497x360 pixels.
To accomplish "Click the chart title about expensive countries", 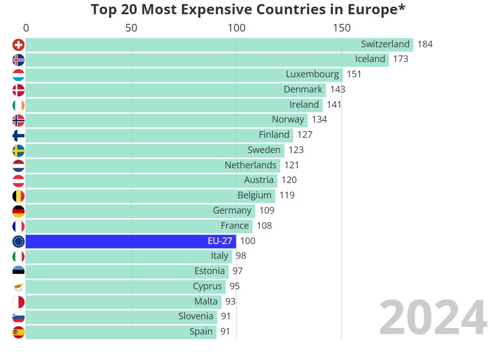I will (248, 10).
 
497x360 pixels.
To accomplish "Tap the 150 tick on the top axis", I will (341, 27).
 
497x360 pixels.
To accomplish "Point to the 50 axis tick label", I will (131, 27).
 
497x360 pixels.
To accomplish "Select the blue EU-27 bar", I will (131, 241).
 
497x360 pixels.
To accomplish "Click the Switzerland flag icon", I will (18, 45).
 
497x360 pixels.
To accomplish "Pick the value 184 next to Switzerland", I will (425, 44).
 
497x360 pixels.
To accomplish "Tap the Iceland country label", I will (370, 59).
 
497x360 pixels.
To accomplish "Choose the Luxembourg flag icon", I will (18, 75).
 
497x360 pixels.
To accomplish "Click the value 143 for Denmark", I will (337, 89).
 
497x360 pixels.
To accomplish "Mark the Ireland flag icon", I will (18, 105).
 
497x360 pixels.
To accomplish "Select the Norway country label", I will (288, 119).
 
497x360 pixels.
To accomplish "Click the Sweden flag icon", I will (18, 151).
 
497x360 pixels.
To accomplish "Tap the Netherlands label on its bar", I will (251, 165).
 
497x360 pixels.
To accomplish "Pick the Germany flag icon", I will (18, 211).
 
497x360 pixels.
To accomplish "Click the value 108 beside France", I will (264, 226).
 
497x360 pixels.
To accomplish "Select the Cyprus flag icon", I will (18, 287).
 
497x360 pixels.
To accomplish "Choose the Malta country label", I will (206, 302).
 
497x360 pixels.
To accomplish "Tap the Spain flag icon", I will (18, 333).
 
